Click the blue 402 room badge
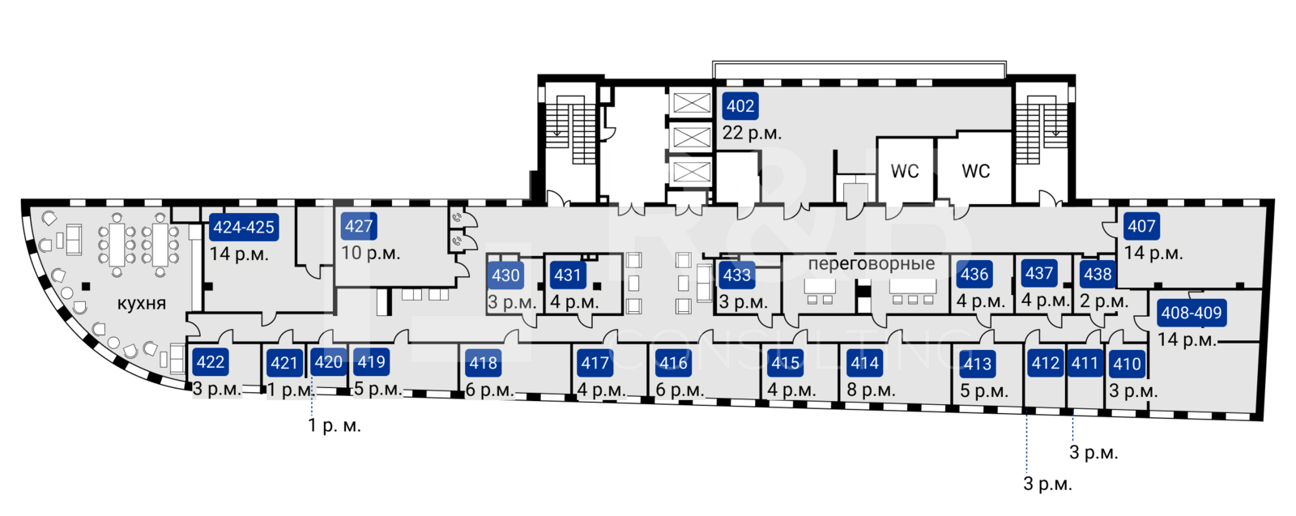coord(740,106)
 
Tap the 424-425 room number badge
coord(244,228)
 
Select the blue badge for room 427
coord(358,227)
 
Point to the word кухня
coord(142,304)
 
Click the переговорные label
coord(871,264)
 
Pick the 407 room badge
coord(1141,227)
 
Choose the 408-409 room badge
coord(1191,313)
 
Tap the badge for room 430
coord(505,275)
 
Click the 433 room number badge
coord(737,275)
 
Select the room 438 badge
coord(1098,275)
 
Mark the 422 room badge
coord(211,362)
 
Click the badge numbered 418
coord(484,364)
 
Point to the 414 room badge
coord(865,364)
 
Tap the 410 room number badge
coord(1127,365)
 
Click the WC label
coord(905,169)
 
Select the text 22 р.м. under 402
coord(752,134)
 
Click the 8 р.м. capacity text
coord(871,390)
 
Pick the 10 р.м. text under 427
coord(370,254)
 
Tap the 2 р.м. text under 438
coord(1104,302)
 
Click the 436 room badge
coord(974,275)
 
